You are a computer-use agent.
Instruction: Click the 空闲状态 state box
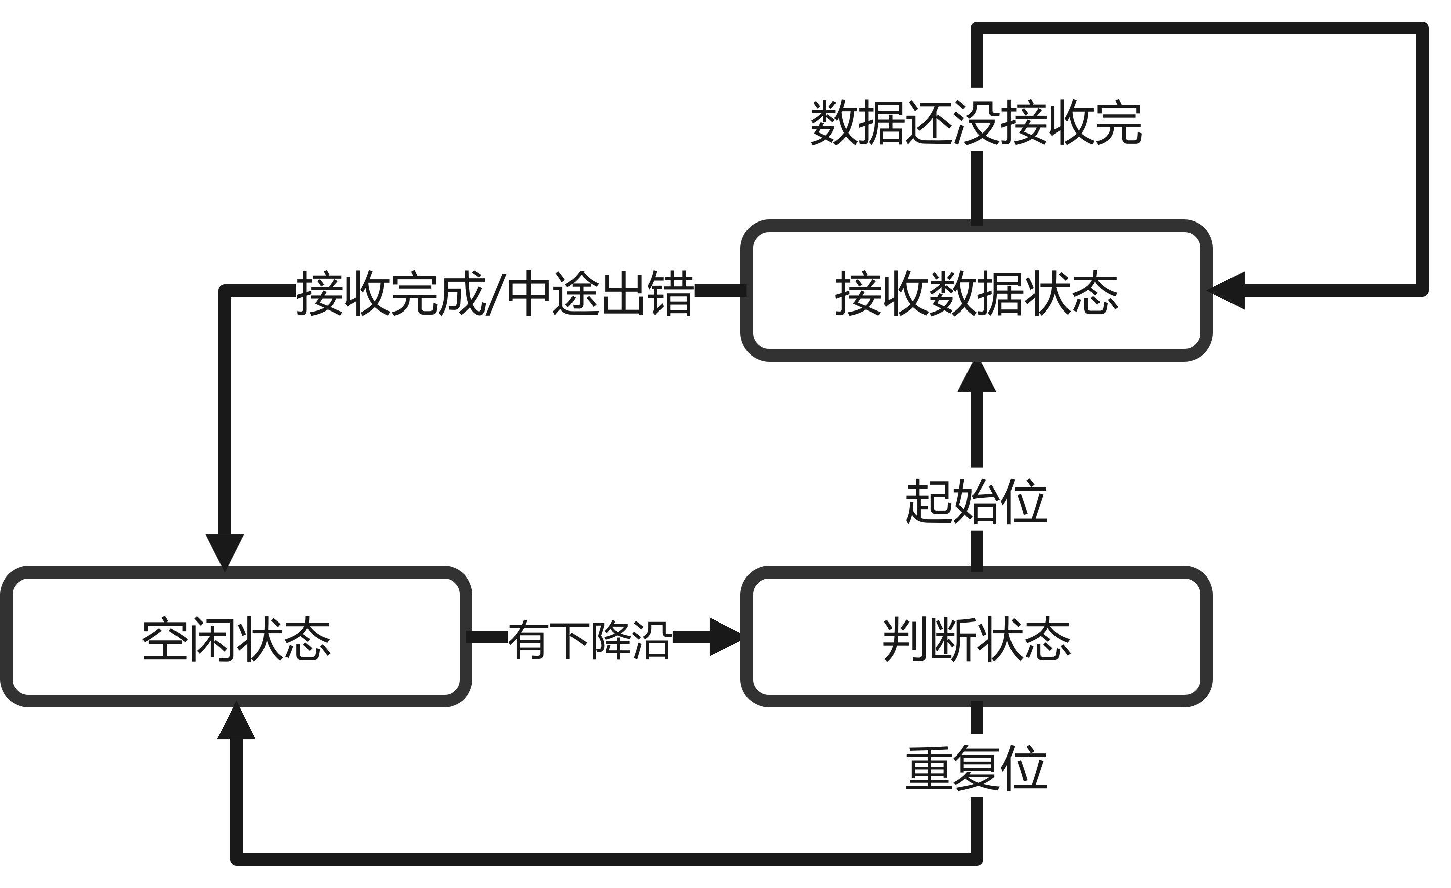click(x=236, y=637)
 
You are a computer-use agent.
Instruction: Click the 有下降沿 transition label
click(x=590, y=637)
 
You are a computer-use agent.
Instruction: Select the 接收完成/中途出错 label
click(x=495, y=290)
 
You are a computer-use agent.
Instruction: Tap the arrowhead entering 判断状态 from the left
click(x=725, y=637)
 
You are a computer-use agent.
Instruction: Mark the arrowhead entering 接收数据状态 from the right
click(x=1226, y=290)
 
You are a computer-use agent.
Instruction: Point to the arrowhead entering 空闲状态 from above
click(x=225, y=551)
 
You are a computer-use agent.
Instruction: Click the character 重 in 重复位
click(x=929, y=766)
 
